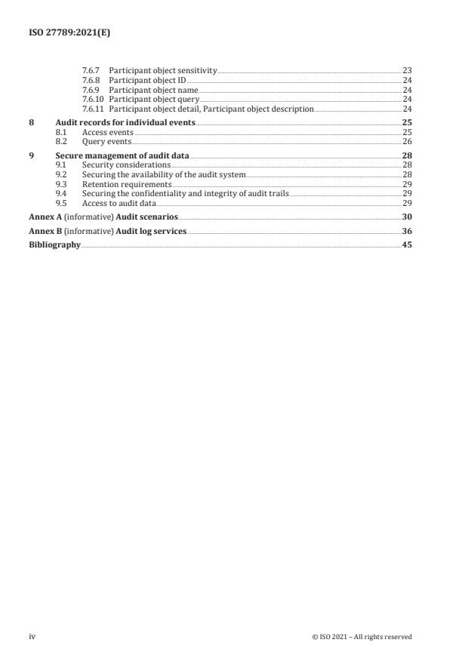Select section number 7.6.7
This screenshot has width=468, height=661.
click(x=91, y=70)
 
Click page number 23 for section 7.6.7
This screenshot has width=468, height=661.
click(x=407, y=70)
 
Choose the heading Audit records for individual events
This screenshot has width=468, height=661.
click(x=125, y=122)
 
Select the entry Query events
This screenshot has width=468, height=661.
click(x=106, y=142)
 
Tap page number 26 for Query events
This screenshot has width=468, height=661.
click(x=407, y=142)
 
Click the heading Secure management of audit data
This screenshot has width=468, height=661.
click(x=122, y=155)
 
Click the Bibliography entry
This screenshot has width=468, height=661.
click(x=54, y=245)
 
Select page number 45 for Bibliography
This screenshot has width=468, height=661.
click(x=407, y=245)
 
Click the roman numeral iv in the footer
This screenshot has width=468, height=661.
click(x=32, y=637)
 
